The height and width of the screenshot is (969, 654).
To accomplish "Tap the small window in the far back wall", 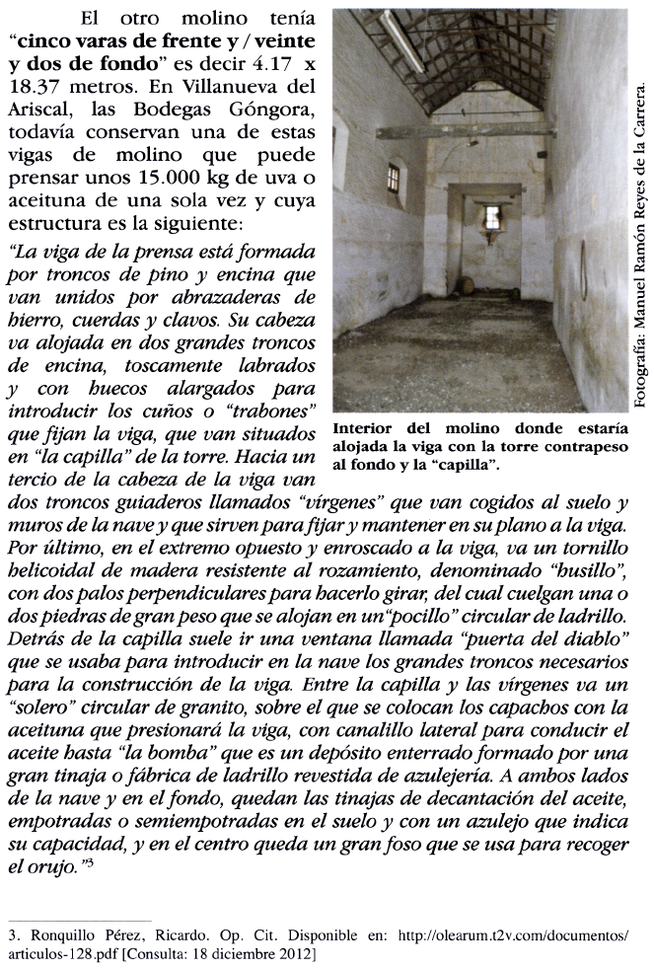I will point(490,216).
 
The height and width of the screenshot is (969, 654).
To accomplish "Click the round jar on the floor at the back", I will point(468,285).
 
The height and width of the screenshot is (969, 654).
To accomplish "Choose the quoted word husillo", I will point(588,569).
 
